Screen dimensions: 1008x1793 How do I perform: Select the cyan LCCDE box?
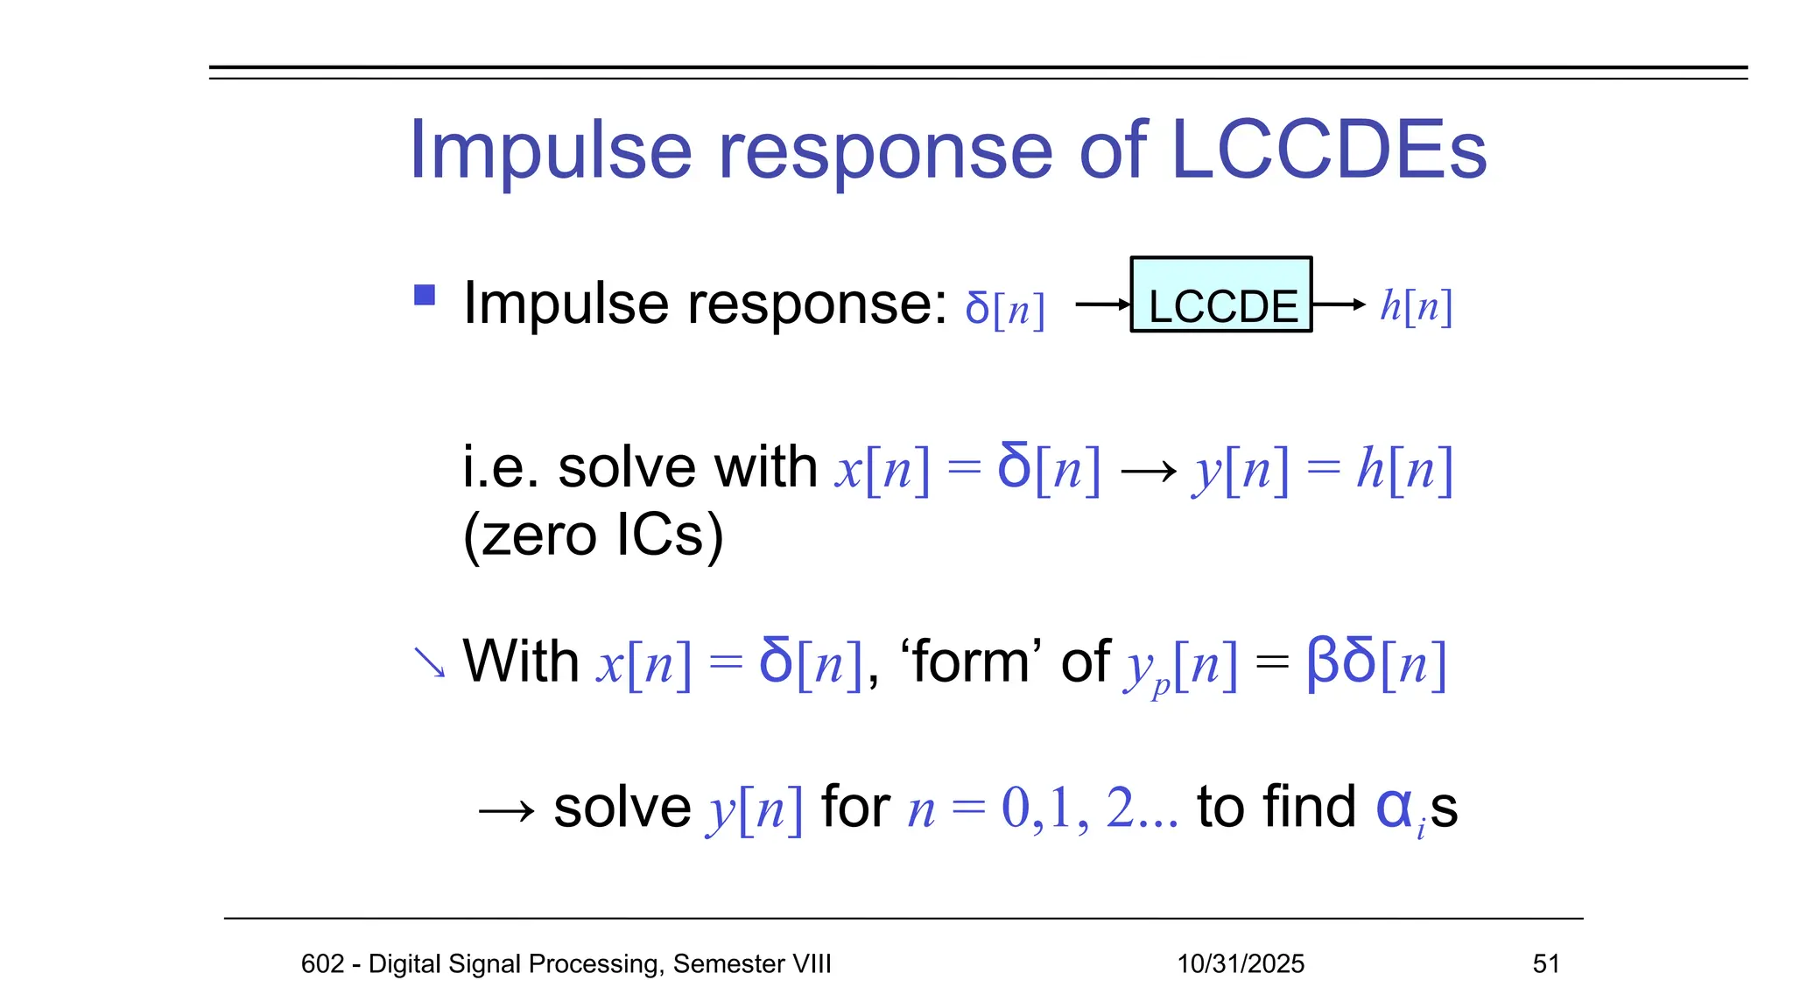coord(1220,295)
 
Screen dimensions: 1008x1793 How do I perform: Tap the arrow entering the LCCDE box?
coord(1102,304)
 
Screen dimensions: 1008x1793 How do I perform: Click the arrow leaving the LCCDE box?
coord(1339,304)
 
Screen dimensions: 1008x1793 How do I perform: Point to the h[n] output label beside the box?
coord(1416,307)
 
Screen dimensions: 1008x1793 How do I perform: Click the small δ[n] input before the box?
coord(1004,309)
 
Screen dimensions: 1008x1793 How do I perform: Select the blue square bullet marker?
coord(425,295)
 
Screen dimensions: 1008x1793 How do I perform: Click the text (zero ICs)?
coord(593,535)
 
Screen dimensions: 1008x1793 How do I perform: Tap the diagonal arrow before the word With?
coord(429,662)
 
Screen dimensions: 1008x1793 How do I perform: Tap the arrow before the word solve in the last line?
coord(506,811)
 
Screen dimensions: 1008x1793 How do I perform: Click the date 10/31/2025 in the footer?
coord(1240,963)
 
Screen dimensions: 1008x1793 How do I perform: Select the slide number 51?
coord(1545,963)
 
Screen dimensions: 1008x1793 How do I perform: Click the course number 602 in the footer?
coord(322,963)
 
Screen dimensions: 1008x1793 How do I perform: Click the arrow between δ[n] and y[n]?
coord(1148,472)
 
